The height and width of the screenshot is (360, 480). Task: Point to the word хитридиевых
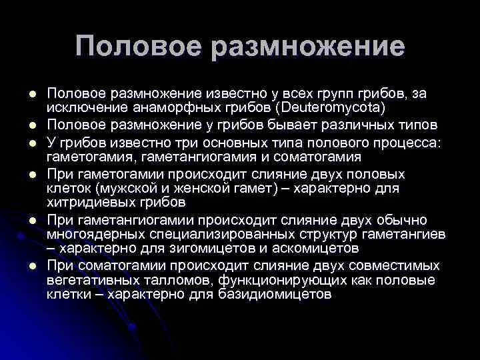coord(83,201)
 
